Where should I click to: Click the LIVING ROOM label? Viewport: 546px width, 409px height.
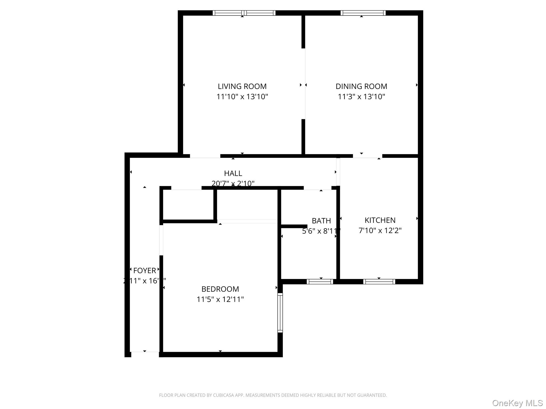click(242, 86)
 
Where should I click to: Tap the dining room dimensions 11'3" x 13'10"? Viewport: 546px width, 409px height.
click(361, 96)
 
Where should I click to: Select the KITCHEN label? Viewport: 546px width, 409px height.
click(380, 220)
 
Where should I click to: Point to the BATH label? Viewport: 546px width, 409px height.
click(321, 221)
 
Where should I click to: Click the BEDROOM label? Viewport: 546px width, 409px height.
click(220, 289)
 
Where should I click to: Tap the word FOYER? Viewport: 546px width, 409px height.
click(144, 271)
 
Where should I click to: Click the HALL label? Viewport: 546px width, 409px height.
click(233, 173)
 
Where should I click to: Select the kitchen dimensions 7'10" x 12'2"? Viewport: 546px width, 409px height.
click(380, 230)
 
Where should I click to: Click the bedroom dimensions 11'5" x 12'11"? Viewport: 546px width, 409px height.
click(220, 299)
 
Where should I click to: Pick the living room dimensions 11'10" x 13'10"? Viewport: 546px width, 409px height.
click(242, 96)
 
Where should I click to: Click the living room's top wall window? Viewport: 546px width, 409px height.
click(244, 13)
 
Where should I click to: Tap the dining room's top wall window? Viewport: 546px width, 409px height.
click(363, 13)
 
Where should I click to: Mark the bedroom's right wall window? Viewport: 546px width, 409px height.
click(280, 313)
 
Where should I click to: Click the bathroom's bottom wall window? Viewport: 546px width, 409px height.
click(320, 281)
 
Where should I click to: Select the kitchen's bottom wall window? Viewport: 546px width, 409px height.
click(379, 281)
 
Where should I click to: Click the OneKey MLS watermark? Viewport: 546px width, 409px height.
click(517, 403)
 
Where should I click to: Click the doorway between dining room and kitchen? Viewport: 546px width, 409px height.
click(367, 156)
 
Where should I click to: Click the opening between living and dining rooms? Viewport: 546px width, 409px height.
click(303, 84)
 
